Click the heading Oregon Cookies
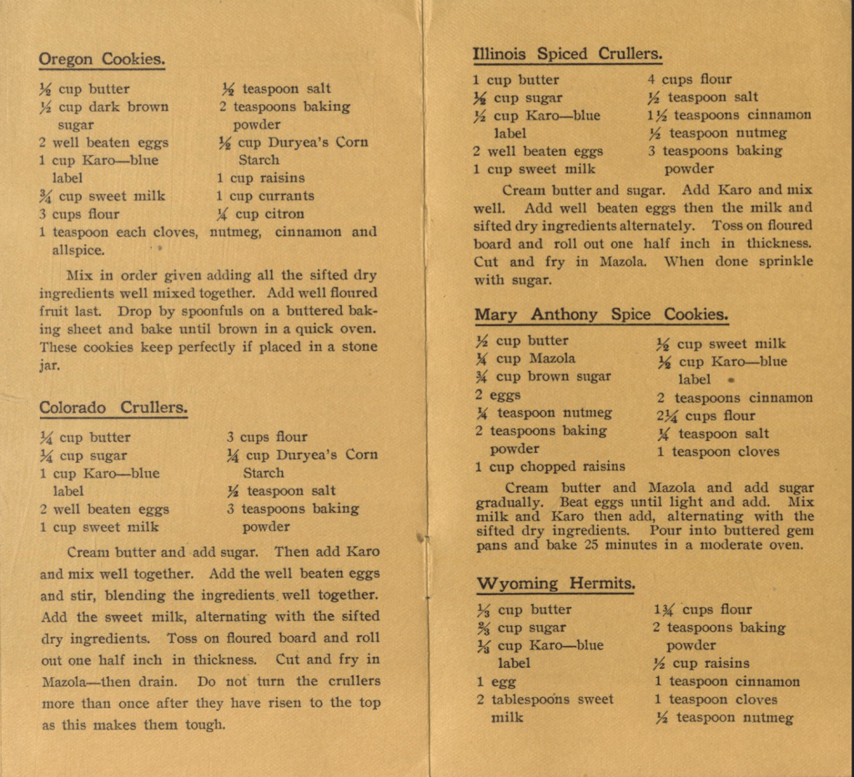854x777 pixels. pyautogui.click(x=102, y=59)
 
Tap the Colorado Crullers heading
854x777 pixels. pyautogui.click(x=113, y=408)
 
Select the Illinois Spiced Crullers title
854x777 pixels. pyautogui.click(x=567, y=54)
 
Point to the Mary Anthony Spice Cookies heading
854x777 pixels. pyautogui.click(x=601, y=314)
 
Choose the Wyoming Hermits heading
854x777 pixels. pyautogui.click(x=555, y=583)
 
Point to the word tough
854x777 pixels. pyautogui.click(x=205, y=724)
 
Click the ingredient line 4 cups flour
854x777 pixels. pyautogui.click(x=690, y=80)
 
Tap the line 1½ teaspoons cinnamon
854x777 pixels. pyautogui.click(x=730, y=115)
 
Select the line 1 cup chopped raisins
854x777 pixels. pyautogui.click(x=550, y=467)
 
